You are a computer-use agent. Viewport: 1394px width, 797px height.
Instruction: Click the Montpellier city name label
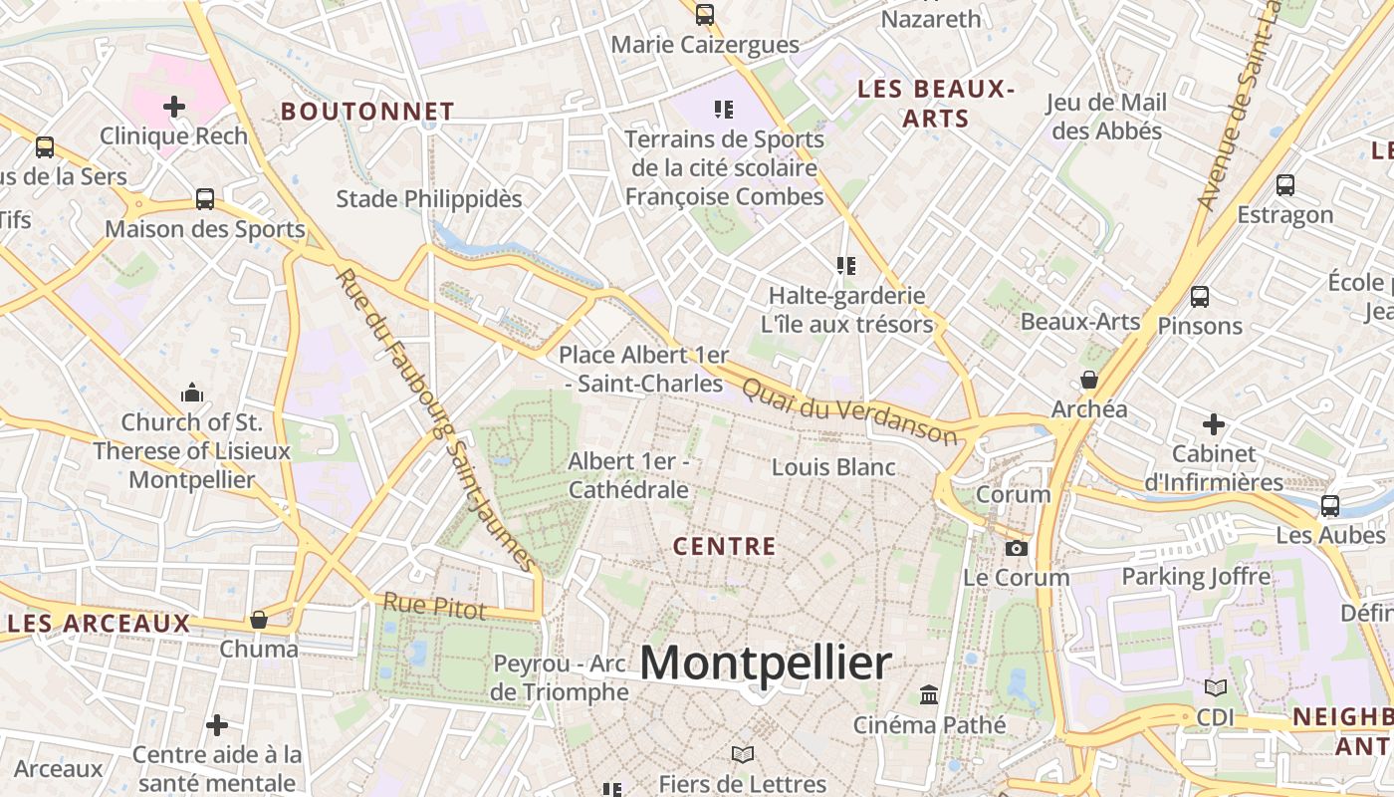pos(765,663)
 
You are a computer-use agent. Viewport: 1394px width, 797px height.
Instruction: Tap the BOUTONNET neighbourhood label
pos(367,112)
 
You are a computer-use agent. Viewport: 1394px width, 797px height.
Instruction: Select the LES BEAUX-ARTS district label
pos(935,104)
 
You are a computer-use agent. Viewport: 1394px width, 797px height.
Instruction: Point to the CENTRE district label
pos(724,546)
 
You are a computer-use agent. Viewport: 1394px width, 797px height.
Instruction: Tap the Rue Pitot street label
pos(435,606)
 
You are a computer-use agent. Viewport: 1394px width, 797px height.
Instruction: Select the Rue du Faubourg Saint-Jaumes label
pos(437,418)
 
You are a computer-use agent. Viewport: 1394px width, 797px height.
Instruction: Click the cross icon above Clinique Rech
pos(174,106)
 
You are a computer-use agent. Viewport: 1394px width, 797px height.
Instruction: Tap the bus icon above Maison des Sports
pos(205,199)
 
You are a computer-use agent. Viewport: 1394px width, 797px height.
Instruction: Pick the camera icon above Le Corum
pos(1016,548)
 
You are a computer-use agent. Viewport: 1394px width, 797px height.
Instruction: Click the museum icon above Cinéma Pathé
pos(929,694)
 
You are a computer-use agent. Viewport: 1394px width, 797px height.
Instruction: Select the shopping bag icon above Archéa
pos(1089,380)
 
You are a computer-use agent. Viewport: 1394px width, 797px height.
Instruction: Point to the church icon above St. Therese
pos(192,393)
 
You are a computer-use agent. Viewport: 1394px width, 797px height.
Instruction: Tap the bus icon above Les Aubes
pos(1329,505)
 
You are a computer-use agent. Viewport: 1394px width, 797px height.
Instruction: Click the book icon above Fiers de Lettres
pos(742,754)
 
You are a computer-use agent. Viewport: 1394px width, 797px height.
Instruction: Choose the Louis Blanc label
pos(833,467)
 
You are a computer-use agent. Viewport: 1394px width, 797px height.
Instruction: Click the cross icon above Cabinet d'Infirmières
pos(1213,424)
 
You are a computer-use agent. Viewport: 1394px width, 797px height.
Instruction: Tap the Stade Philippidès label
pos(428,199)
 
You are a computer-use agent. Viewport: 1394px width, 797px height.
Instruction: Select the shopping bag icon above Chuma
pos(259,620)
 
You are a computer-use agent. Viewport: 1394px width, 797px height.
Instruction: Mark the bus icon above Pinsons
pos(1200,296)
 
